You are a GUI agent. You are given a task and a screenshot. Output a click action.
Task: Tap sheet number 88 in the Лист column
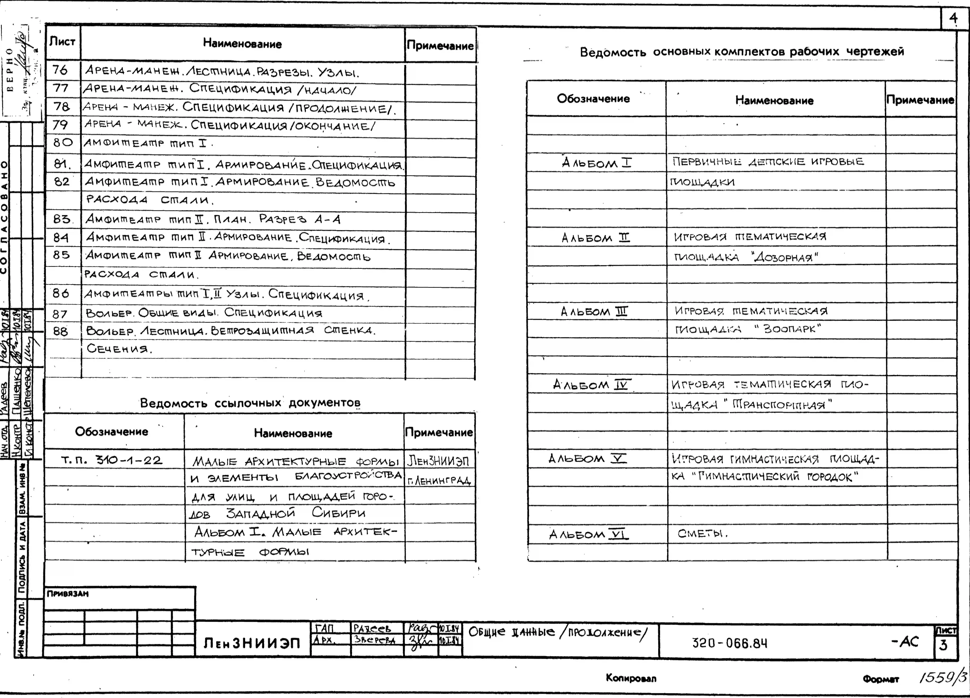(60, 331)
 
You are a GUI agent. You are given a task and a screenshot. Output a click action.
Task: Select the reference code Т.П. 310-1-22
(112, 460)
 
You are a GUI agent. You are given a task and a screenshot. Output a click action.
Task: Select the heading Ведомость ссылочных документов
(250, 403)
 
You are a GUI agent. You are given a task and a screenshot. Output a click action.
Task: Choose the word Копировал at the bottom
(631, 678)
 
